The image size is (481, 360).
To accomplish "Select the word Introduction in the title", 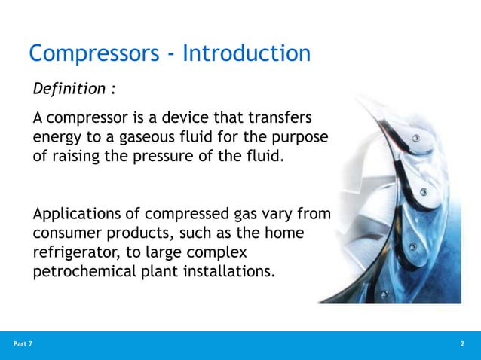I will point(247,54).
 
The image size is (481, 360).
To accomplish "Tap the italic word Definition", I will point(69,90).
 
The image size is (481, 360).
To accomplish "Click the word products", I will point(139,236).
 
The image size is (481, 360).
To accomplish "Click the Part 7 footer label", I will point(23,344).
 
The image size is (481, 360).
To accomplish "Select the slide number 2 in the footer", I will point(461,344).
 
